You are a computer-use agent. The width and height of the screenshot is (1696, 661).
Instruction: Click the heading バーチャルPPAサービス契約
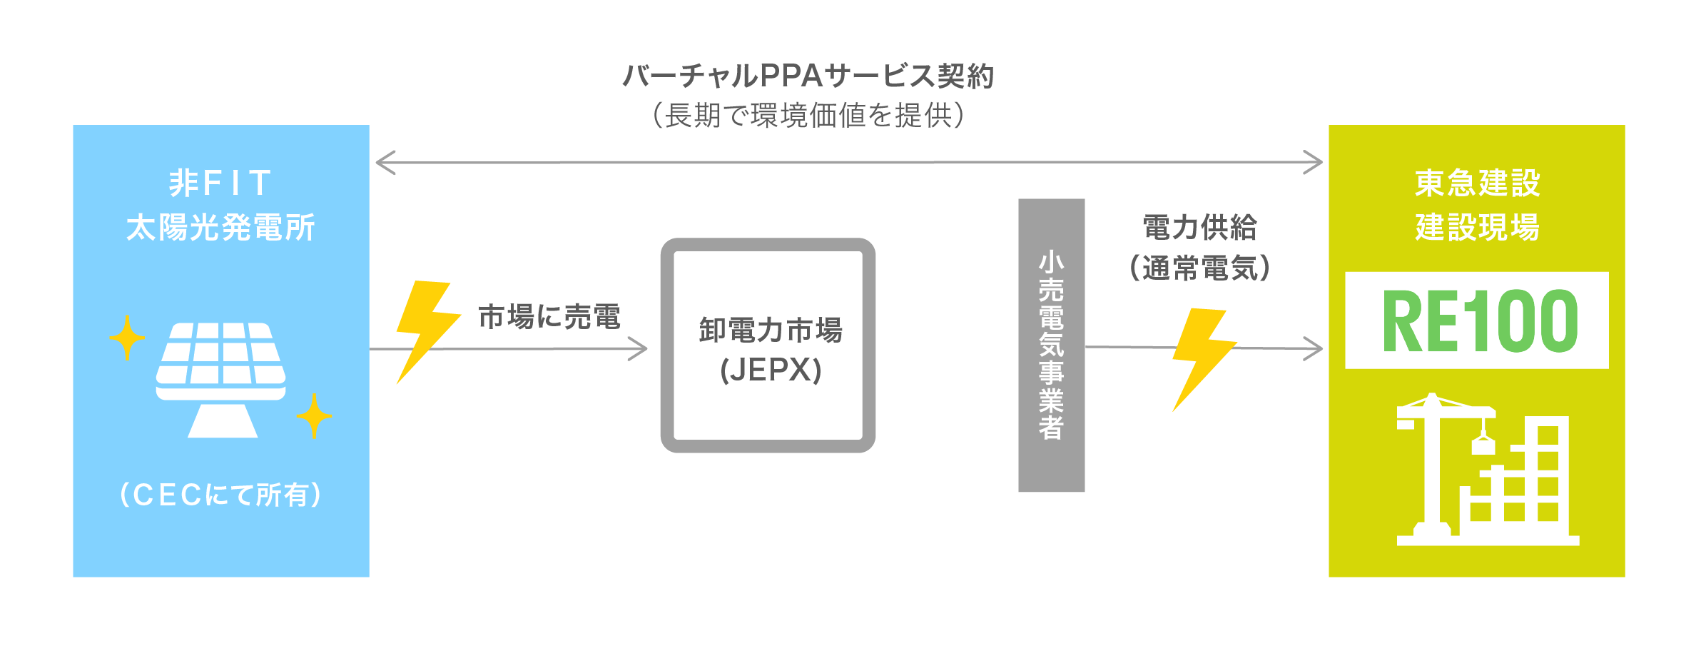tap(808, 76)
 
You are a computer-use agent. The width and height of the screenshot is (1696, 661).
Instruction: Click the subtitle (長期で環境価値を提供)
tap(808, 115)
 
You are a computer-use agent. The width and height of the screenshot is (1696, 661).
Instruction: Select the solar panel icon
tap(221, 378)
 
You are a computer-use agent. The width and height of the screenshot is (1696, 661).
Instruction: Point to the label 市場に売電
tap(549, 317)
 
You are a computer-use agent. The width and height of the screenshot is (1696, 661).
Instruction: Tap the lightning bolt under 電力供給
tap(1202, 357)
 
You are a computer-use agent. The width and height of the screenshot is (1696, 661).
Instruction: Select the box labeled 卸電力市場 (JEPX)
tap(768, 345)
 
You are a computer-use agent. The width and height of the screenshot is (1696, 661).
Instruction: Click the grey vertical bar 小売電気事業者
tap(1051, 345)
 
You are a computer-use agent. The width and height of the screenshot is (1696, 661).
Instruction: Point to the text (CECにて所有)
tap(220, 495)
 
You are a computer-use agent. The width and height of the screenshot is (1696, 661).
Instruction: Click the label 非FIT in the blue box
tap(220, 183)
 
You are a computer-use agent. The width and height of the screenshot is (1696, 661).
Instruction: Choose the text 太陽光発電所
tap(220, 228)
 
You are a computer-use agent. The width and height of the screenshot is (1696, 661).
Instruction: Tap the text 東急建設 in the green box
tap(1477, 183)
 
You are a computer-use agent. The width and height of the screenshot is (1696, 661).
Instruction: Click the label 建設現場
tap(1477, 228)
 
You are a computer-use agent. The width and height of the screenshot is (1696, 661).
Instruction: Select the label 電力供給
tap(1200, 228)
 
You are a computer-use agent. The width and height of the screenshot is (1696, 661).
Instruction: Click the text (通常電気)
tap(1200, 268)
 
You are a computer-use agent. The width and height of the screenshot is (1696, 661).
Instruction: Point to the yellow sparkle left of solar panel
tap(127, 338)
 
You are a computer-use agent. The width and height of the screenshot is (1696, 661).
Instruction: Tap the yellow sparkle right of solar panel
tap(314, 415)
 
